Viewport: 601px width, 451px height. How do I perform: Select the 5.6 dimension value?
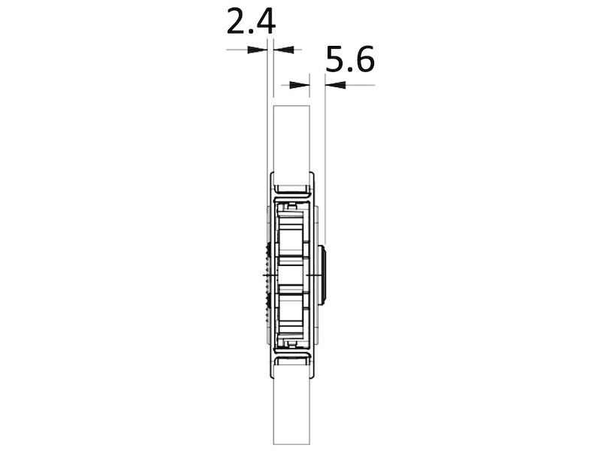[350, 59]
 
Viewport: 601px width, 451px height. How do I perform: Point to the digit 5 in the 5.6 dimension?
[337, 59]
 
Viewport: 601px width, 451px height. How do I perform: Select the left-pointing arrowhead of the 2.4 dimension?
[278, 50]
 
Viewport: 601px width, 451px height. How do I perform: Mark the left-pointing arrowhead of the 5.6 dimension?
[331, 85]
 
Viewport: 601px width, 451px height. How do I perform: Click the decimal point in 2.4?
[252, 33]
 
